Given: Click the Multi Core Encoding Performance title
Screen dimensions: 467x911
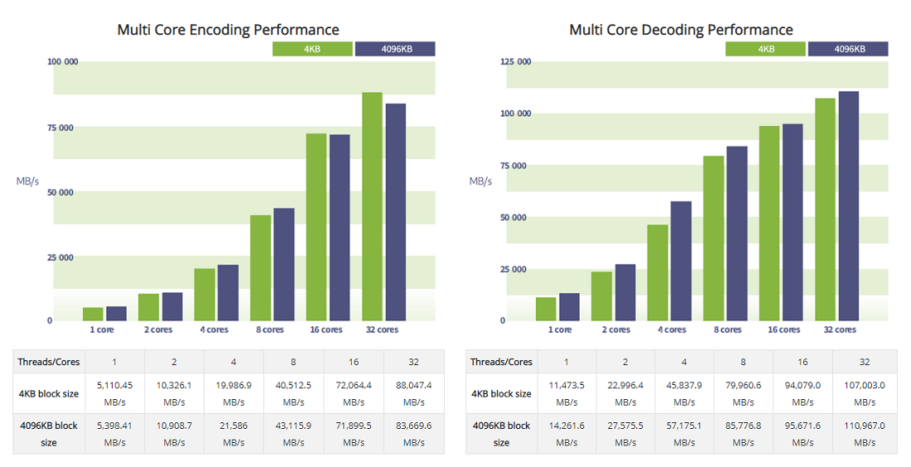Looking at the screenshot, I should [x=228, y=30].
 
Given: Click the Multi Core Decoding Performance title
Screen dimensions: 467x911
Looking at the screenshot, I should [x=681, y=30].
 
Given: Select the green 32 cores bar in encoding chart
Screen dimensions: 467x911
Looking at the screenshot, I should [x=372, y=206].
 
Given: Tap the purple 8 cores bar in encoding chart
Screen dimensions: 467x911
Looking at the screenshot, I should [x=284, y=264].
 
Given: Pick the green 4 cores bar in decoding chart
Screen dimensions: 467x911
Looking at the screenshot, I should [x=658, y=272].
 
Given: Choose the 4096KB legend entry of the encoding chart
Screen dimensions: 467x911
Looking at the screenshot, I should [x=395, y=49].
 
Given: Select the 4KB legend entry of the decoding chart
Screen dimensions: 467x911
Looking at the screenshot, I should [x=766, y=49].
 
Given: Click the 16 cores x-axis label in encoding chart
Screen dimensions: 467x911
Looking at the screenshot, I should [x=325, y=330].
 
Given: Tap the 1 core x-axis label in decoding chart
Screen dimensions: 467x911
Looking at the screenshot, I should [x=560, y=330].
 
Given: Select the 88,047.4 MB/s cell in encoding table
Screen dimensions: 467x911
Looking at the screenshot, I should [x=414, y=393].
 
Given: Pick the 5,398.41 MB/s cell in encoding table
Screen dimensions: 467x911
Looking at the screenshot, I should [x=115, y=434].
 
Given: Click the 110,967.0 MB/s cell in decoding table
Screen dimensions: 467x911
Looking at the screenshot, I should [x=865, y=434].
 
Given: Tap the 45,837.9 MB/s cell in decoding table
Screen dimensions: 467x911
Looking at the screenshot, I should [x=684, y=393].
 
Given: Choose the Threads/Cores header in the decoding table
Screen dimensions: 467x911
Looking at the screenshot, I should [x=502, y=362].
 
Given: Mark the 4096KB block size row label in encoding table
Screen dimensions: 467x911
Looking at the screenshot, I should [x=49, y=434].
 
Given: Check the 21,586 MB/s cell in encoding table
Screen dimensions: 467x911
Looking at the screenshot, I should [x=234, y=434].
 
